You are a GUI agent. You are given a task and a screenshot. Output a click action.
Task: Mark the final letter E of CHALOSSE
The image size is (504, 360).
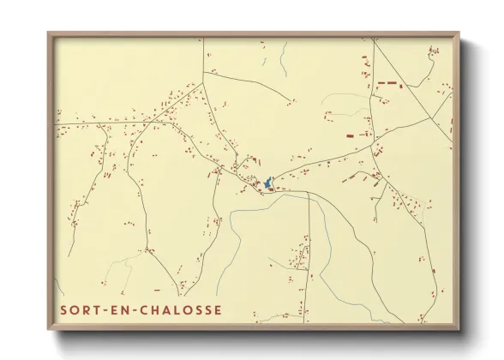218,309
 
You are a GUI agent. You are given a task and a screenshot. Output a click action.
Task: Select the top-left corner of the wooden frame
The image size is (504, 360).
48,33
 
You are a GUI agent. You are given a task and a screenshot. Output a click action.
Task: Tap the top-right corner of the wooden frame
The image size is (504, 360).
459,33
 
